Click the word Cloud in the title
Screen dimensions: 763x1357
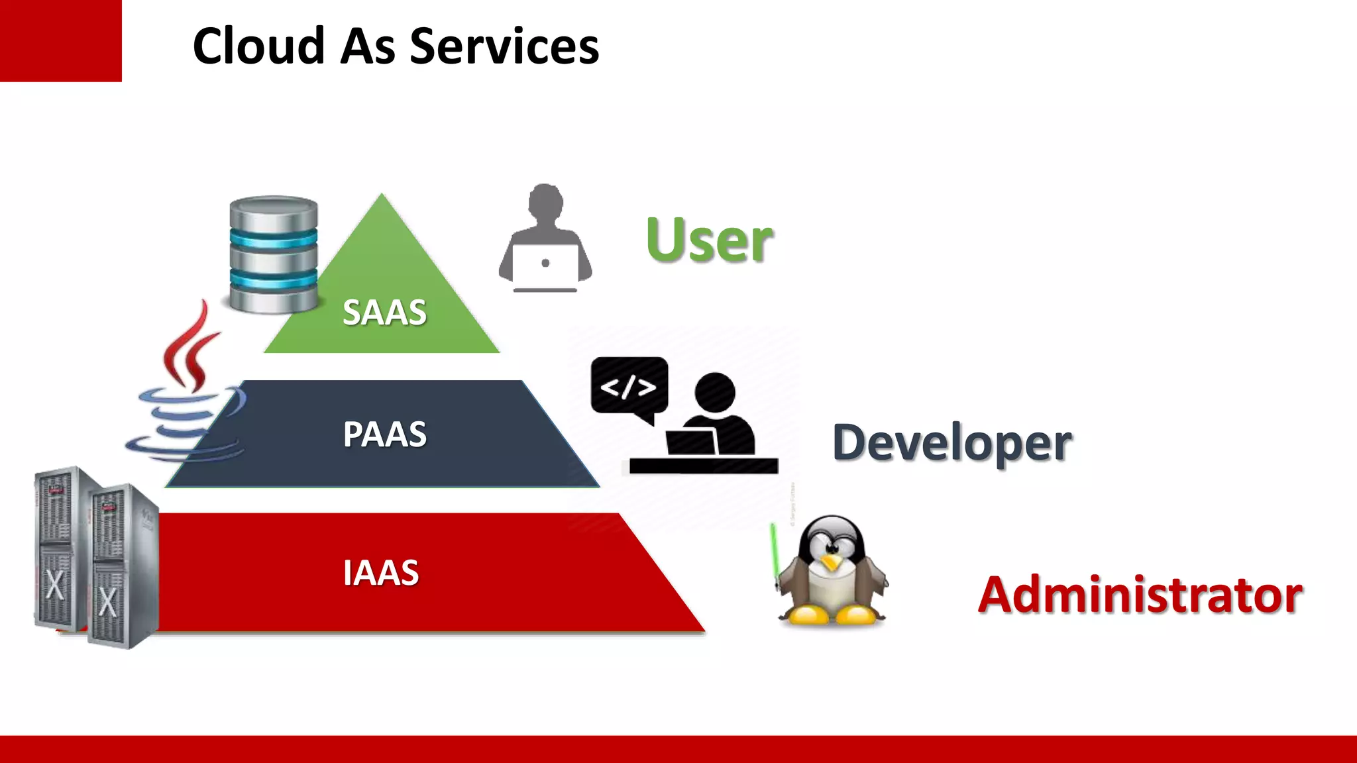[x=259, y=46]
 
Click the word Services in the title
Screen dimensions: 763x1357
[x=504, y=46]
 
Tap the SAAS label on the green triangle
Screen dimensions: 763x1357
[x=384, y=313]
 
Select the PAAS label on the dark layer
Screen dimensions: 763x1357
[x=384, y=434]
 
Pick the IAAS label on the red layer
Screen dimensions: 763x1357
[x=381, y=573]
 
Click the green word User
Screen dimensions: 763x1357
[x=709, y=240]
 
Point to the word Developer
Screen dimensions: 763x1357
[x=951, y=443]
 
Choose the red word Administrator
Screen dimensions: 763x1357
[x=1140, y=595]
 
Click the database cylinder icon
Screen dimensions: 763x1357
[x=273, y=254]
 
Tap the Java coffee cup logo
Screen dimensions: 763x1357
[x=189, y=391]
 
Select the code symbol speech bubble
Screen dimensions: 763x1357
[x=629, y=387]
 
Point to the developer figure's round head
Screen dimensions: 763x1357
[x=715, y=392]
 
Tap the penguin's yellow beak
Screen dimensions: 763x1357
[x=830, y=564]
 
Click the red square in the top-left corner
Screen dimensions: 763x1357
[x=60, y=40]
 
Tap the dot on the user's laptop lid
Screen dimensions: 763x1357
[x=545, y=263]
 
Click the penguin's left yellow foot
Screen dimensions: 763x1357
[x=804, y=616]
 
